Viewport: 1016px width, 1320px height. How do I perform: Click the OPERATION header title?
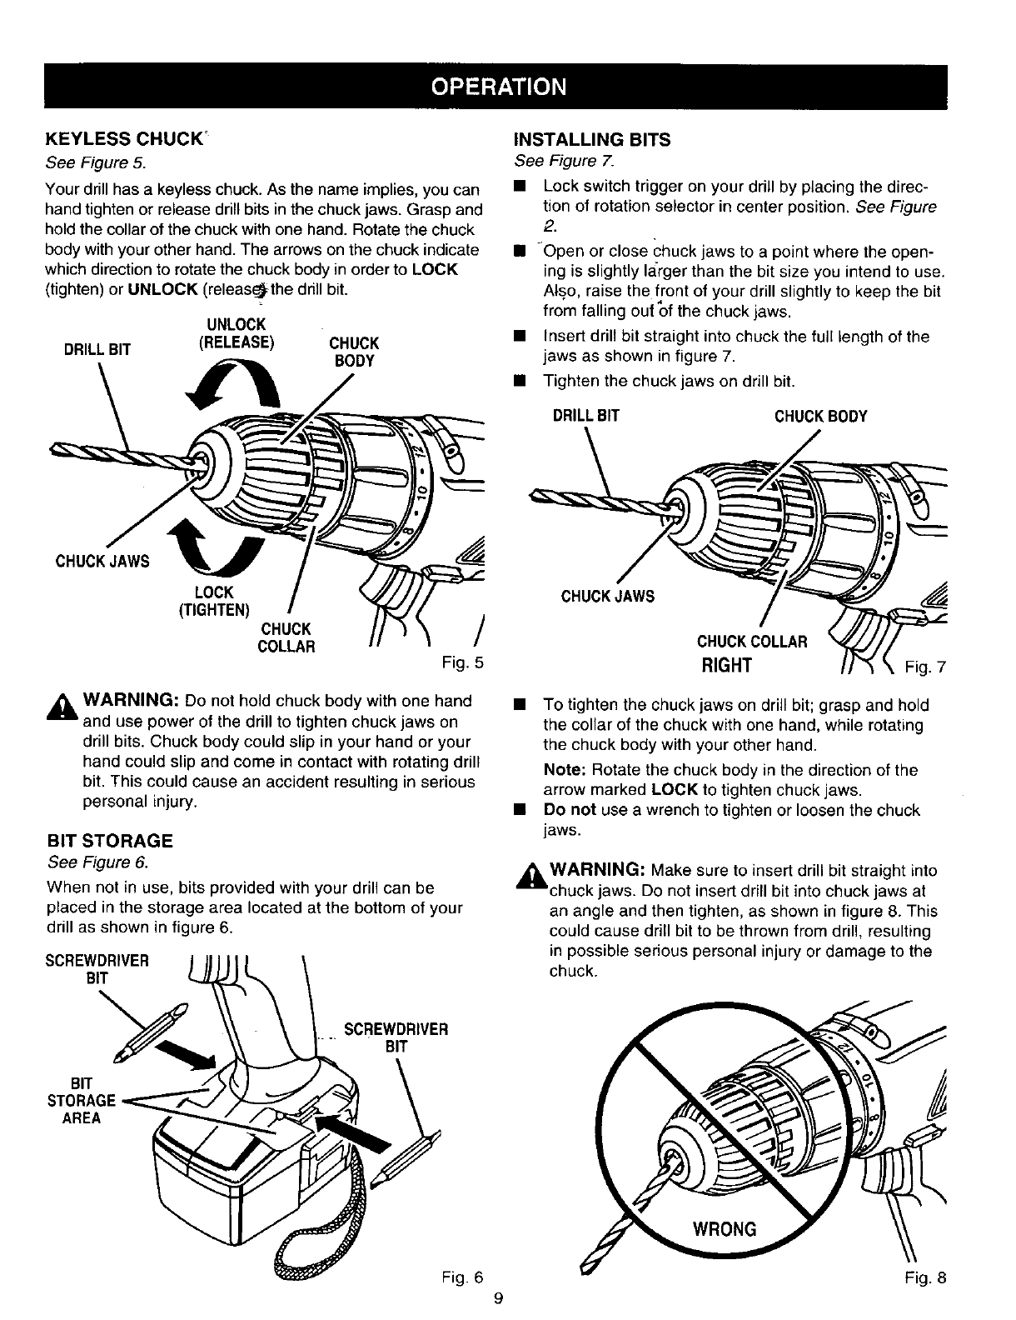click(508, 87)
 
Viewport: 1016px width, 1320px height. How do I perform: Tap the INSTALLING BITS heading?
click(592, 139)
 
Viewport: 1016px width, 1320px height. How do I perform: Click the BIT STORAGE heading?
click(110, 840)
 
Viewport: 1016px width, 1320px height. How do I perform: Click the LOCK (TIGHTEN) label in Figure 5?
click(214, 600)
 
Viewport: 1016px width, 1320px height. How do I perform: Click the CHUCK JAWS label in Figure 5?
click(102, 561)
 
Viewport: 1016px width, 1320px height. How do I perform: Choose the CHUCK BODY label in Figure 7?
click(820, 417)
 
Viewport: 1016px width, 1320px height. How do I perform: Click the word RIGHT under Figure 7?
click(727, 664)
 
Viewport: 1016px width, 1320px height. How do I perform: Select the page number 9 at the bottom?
click(497, 1297)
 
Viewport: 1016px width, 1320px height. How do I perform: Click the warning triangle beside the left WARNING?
click(58, 708)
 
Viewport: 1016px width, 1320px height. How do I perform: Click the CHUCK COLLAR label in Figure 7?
click(752, 642)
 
